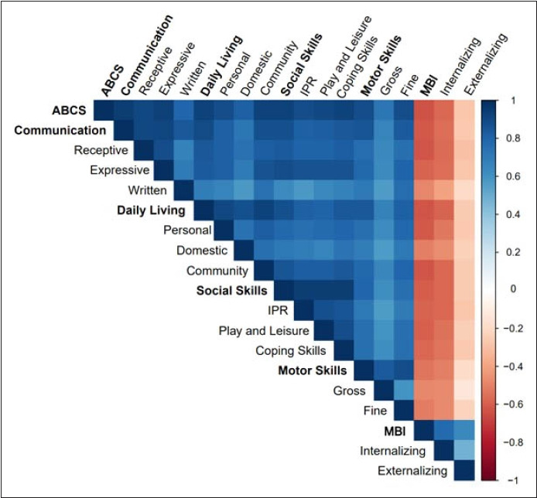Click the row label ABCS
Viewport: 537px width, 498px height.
[69, 111]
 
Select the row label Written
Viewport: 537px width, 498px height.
[147, 190]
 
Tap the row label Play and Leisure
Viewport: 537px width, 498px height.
[264, 331]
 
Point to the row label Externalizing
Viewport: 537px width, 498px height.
[412, 471]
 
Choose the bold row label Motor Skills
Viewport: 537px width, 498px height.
[313, 370]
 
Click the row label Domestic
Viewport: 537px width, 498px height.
[202, 251]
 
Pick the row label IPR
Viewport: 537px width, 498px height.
[278, 311]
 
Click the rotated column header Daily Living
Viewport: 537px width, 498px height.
[222, 65]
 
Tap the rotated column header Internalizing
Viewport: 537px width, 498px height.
[460, 66]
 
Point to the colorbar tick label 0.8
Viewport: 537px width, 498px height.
[513, 138]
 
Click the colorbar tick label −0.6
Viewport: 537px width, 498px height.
[513, 404]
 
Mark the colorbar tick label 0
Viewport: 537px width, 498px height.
[513, 289]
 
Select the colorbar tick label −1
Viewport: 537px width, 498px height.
[513, 480]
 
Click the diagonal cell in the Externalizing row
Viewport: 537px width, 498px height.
[464, 470]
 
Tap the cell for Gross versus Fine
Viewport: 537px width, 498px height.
[404, 391]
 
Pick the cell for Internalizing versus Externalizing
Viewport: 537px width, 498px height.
[464, 450]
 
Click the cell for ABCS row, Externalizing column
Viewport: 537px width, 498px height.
[464, 111]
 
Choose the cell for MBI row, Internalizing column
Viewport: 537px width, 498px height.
[444, 430]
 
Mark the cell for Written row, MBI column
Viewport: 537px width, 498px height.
[424, 190]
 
